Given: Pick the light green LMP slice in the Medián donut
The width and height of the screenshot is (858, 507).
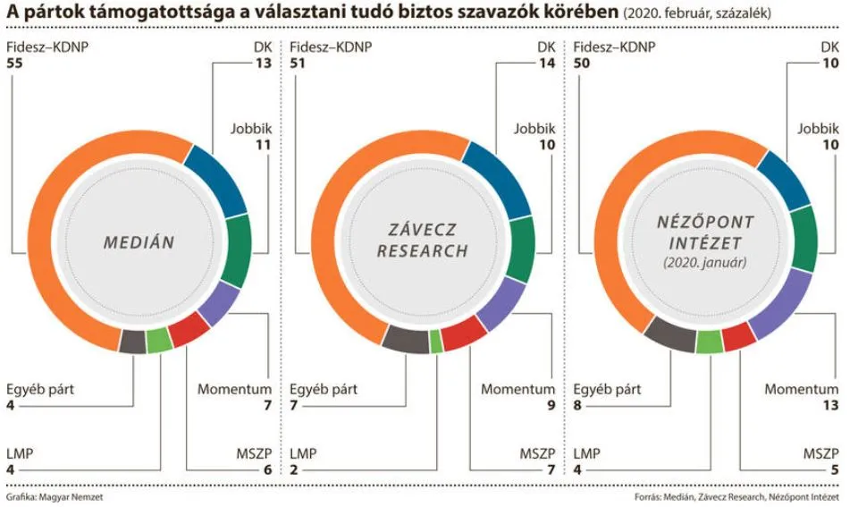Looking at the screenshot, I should click(158, 341).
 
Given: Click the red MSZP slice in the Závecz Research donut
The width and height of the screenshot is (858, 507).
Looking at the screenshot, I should click(463, 334).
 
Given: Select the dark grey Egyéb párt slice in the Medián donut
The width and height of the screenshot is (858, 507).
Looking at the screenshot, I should click(132, 342).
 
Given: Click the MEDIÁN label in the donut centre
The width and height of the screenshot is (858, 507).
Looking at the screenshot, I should click(139, 241).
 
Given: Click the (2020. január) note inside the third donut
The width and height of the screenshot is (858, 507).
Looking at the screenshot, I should click(705, 263).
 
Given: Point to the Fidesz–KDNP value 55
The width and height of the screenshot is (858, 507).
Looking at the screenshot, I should click(13, 64).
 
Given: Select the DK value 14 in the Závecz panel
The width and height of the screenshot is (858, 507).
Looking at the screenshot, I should click(546, 64).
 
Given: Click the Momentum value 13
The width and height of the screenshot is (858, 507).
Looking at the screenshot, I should click(829, 407).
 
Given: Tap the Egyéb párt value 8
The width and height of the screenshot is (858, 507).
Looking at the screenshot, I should click(578, 407).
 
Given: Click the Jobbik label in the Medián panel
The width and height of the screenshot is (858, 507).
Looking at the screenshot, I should click(250, 129).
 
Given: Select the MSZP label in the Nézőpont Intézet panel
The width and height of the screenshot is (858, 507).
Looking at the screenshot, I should click(820, 454).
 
